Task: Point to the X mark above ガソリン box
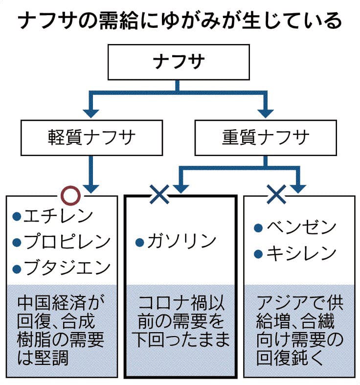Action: coord(159,196)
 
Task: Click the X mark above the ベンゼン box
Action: coord(276,196)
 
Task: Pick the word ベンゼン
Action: coord(301,228)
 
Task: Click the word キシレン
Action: coord(301,254)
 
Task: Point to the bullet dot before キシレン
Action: coord(260,254)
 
